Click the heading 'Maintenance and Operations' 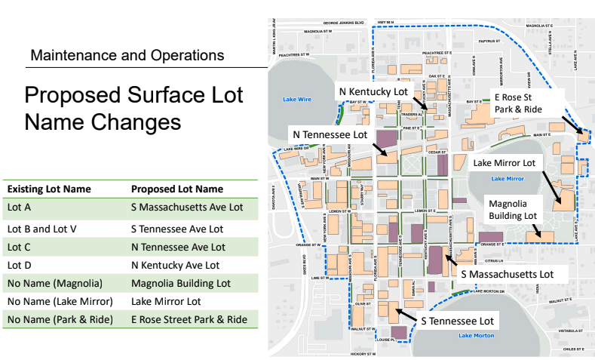(127, 55)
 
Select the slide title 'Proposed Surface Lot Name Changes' (133, 108)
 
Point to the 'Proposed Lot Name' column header (177, 189)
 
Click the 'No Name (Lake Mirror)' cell (59, 301)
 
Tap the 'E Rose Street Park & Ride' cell (189, 320)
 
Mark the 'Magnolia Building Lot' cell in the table (181, 284)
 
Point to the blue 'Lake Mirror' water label (507, 178)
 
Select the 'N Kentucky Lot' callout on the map (373, 91)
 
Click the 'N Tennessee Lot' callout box (329, 134)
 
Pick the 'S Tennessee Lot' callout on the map (457, 321)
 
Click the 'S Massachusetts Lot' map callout (507, 273)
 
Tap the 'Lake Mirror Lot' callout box (503, 162)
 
